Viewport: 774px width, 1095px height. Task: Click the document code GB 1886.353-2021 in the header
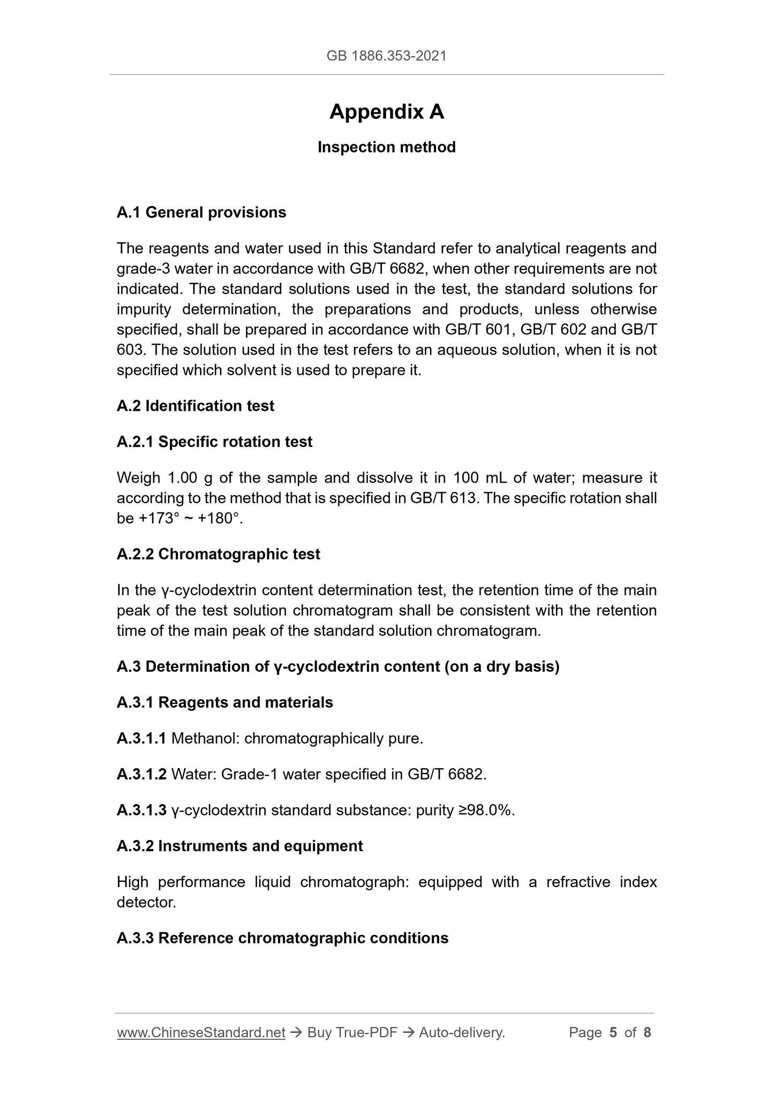tap(386, 56)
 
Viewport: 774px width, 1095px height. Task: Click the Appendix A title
tap(386, 112)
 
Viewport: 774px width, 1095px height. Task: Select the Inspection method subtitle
tap(386, 147)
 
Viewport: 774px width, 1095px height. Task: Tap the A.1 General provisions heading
tap(201, 213)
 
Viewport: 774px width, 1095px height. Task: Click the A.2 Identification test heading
tap(195, 406)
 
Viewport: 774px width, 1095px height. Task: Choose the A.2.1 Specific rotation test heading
tap(214, 442)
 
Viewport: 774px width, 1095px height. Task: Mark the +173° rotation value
tap(159, 519)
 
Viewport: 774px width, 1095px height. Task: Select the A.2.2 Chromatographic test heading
tap(218, 554)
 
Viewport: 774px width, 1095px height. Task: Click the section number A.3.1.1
tap(141, 739)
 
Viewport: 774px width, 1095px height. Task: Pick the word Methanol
tap(206, 739)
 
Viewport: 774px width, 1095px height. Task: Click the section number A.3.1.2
tap(141, 775)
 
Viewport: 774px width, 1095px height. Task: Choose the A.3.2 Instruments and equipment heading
tap(239, 846)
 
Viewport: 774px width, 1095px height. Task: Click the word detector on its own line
tap(146, 903)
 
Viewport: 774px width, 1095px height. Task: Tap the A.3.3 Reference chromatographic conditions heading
tap(282, 939)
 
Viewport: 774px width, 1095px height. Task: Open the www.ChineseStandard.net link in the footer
tap(201, 1033)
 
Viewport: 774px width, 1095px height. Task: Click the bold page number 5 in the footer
tap(613, 1033)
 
